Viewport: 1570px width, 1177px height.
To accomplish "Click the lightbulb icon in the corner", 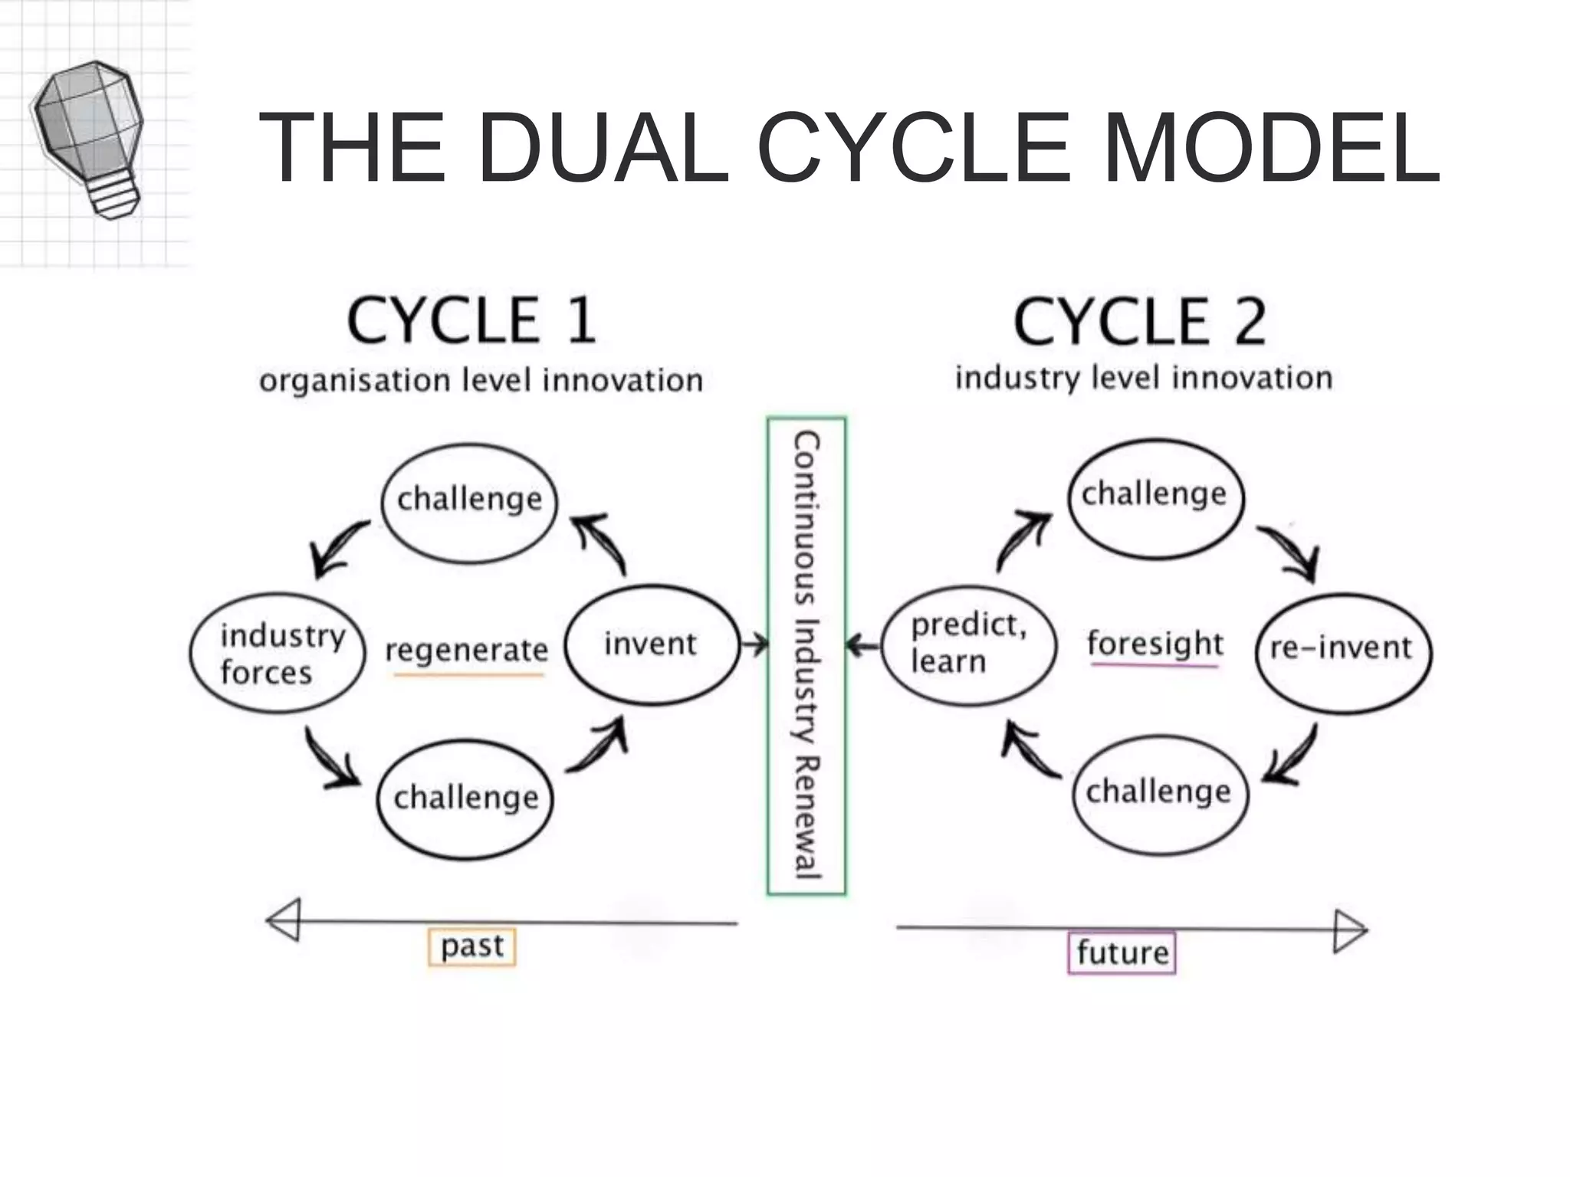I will (x=88, y=138).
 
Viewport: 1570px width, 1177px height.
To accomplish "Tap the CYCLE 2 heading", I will (x=1139, y=322).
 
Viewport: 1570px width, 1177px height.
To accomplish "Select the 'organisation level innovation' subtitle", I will (x=481, y=380).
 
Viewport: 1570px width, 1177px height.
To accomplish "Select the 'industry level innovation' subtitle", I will (x=1143, y=378).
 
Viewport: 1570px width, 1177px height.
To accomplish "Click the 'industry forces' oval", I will (x=277, y=653).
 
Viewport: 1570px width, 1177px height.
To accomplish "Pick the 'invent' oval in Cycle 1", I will (x=652, y=644).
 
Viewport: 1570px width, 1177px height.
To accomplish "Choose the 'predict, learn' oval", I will (x=968, y=644).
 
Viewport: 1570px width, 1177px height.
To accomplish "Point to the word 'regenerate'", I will (x=466, y=651).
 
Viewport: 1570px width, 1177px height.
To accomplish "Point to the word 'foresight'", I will (x=1155, y=644).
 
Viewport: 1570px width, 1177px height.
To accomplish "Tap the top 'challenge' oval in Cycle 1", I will (x=469, y=503).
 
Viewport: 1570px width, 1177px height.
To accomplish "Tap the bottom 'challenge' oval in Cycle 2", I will (x=1160, y=793).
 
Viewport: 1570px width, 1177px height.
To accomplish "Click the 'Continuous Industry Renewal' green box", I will (x=806, y=656).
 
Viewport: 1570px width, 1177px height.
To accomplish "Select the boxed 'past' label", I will (x=471, y=946).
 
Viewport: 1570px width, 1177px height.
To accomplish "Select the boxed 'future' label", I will (x=1122, y=952).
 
